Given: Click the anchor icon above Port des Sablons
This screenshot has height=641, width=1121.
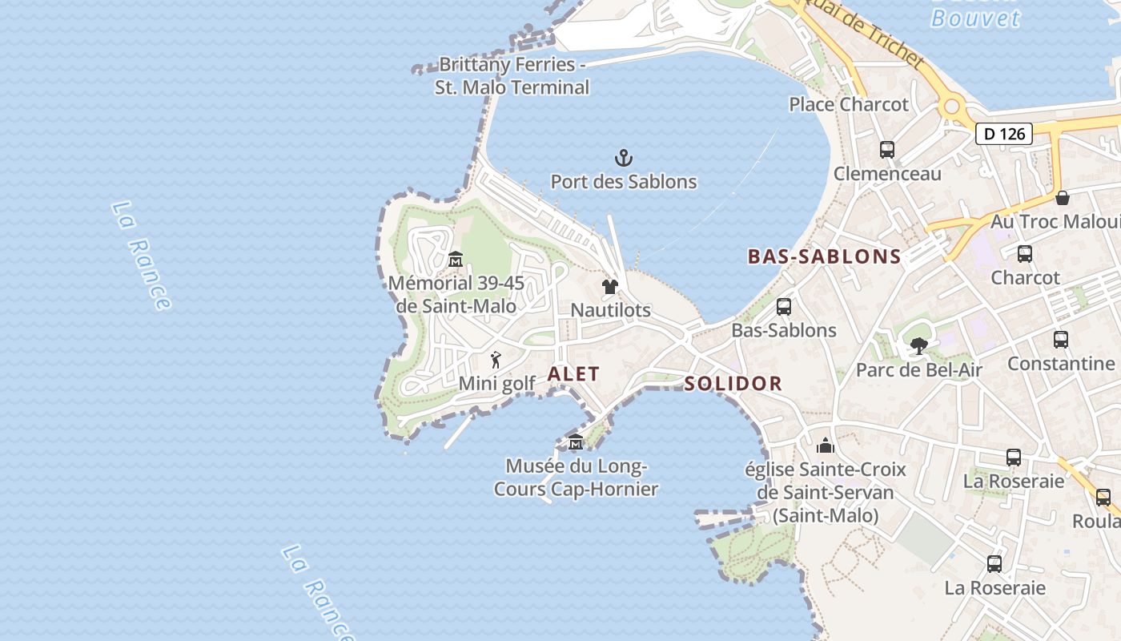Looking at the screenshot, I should pyautogui.click(x=623, y=157).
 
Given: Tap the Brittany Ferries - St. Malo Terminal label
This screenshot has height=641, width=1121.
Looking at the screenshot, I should pyautogui.click(x=512, y=75).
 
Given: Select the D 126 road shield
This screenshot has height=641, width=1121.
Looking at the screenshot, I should pyautogui.click(x=1003, y=134).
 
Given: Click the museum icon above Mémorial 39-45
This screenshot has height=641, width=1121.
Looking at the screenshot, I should pyautogui.click(x=456, y=259).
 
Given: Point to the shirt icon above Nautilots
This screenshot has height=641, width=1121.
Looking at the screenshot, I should pyautogui.click(x=610, y=287).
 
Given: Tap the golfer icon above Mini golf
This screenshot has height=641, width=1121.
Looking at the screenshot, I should pyautogui.click(x=496, y=360).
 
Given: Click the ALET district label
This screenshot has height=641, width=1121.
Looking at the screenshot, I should pyautogui.click(x=573, y=374).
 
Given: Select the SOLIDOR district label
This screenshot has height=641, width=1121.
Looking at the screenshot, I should pyautogui.click(x=733, y=384).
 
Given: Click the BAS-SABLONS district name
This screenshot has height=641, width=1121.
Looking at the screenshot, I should pyautogui.click(x=824, y=257).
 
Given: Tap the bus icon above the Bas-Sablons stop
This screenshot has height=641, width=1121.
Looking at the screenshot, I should pyautogui.click(x=783, y=306).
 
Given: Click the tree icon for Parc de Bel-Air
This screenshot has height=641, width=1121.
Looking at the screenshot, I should pyautogui.click(x=918, y=346).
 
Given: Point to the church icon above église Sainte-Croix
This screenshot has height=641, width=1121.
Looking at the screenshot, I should pyautogui.click(x=826, y=445).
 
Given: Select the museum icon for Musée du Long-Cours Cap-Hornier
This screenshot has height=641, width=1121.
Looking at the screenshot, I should pyautogui.click(x=575, y=441).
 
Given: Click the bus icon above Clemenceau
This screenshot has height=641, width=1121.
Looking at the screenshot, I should pyautogui.click(x=886, y=149).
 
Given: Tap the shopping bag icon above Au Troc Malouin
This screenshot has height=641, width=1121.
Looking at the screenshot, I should pyautogui.click(x=1062, y=197).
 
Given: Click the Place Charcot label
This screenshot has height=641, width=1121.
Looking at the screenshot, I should pyautogui.click(x=849, y=104).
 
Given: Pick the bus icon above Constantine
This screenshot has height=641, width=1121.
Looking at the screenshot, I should pyautogui.click(x=1060, y=339).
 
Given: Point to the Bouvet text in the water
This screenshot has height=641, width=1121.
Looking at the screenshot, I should pyautogui.click(x=975, y=18).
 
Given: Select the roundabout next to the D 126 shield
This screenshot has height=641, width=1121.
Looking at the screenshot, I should pyautogui.click(x=951, y=106).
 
